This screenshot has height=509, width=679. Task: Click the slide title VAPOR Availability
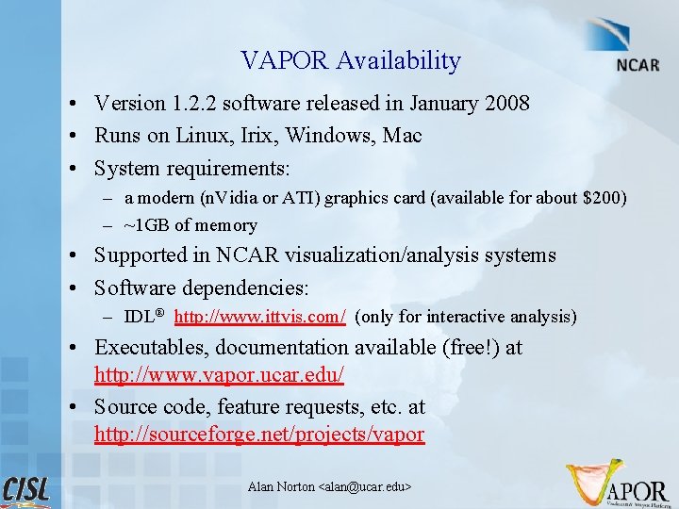coord(350,61)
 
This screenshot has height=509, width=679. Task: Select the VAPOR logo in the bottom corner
coord(619,483)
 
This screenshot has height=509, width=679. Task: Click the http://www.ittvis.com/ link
coord(260,317)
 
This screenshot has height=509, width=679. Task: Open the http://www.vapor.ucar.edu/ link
coord(219,375)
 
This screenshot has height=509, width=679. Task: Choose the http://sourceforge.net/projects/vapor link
coord(259,435)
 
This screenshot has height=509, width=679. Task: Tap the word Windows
coord(330,136)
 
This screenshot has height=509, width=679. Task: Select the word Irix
coord(254,136)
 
